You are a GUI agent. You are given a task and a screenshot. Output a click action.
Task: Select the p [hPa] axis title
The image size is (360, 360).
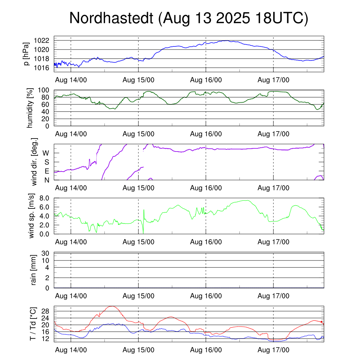click(27, 54)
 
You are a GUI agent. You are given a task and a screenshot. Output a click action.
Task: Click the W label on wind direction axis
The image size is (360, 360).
click(46, 153)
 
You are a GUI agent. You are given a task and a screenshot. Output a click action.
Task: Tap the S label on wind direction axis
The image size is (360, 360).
click(46, 162)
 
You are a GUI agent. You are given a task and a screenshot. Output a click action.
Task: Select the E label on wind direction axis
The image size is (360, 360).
click(46, 171)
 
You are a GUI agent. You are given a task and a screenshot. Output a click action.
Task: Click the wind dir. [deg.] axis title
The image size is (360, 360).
click(34, 162)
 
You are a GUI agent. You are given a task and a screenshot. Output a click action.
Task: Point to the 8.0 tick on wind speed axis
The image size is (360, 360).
click(46, 198)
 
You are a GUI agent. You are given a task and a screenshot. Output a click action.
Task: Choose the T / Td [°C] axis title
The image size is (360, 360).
click(32, 323)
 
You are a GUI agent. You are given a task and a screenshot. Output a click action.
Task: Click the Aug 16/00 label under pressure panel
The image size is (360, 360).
click(206, 80)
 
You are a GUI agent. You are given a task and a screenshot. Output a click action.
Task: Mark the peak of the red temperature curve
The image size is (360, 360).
click(112, 306)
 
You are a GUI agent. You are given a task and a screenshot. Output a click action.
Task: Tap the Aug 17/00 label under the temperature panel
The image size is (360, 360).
click(274, 350)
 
